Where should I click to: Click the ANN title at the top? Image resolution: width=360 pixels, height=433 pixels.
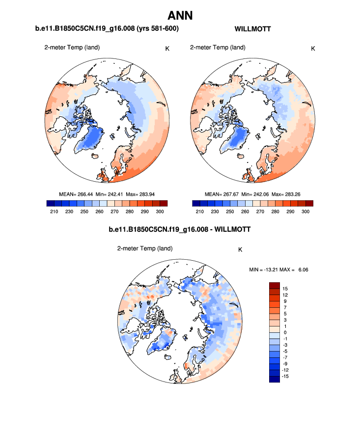(x=180, y=15)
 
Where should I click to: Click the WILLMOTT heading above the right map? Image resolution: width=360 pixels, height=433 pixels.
(x=253, y=29)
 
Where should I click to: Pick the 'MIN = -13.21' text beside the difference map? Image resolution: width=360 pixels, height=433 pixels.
(x=264, y=269)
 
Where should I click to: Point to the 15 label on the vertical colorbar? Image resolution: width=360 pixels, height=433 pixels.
(x=285, y=288)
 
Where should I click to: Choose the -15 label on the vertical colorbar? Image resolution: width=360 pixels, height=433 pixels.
(x=285, y=377)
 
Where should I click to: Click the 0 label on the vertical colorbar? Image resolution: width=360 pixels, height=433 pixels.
(x=284, y=332)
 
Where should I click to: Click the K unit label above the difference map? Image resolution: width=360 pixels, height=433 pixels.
(x=240, y=249)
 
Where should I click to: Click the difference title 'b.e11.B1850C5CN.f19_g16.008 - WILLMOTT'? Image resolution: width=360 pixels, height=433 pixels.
(x=179, y=229)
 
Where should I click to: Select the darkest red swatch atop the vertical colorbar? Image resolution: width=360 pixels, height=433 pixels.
(x=274, y=285)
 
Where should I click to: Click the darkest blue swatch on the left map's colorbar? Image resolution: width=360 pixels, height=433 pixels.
(x=50, y=203)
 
